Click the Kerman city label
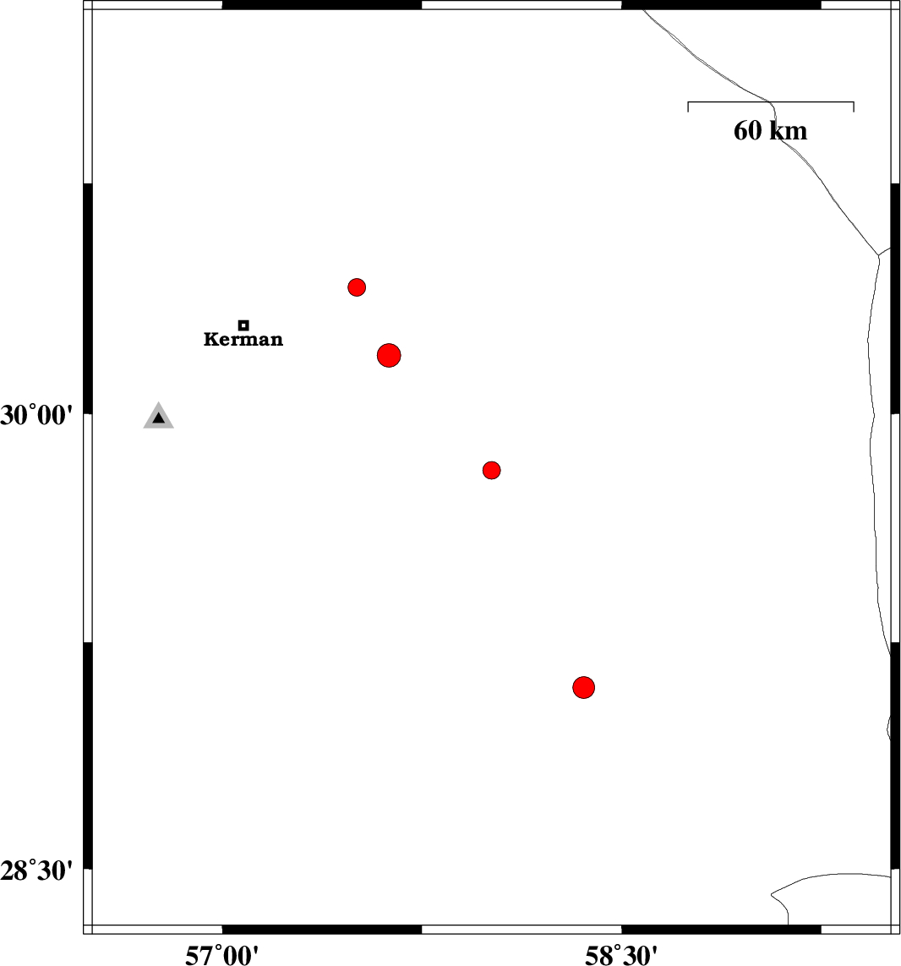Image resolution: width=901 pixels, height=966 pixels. pos(243,340)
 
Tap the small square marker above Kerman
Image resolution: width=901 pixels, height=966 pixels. pos(243,325)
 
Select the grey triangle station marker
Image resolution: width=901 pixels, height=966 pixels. pos(158,417)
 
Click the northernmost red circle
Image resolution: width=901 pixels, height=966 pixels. pos(357,287)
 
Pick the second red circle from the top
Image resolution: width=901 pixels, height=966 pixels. pos(389,356)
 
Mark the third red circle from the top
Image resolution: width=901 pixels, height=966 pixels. pos(491,470)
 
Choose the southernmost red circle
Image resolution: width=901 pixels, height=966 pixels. pos(583,687)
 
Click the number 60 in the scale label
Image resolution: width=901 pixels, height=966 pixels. pos(747,131)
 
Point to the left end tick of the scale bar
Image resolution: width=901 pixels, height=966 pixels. pos(688,106)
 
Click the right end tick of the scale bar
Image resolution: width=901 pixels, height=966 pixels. pos(854,106)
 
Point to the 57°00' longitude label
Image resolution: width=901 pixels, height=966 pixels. pos(221,955)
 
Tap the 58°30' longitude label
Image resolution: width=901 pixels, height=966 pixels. pos(621,955)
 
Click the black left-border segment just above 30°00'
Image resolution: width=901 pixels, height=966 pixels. pos(88,298)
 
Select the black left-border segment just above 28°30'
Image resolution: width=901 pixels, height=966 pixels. pos(88,756)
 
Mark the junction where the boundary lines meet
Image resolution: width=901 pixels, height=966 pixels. pos(879,255)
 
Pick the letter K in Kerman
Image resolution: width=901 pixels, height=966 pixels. pos(210,340)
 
